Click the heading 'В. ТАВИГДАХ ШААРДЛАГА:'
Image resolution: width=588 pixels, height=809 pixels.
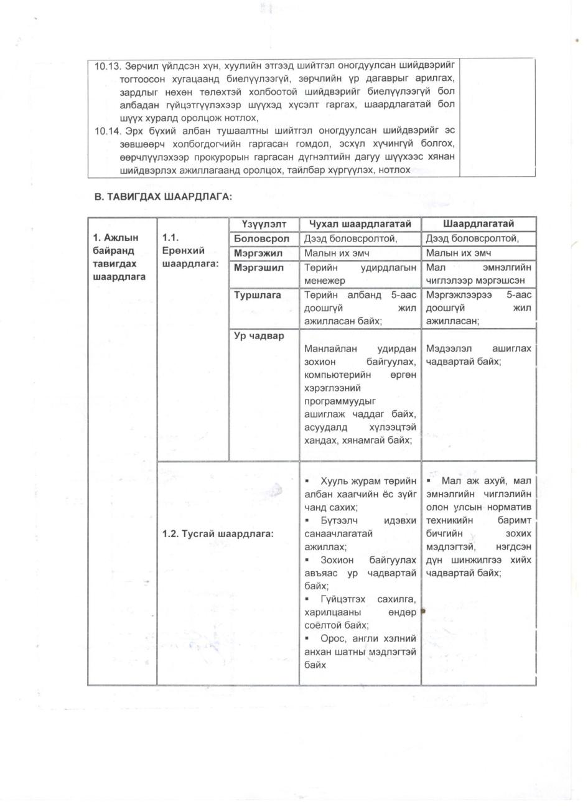(163, 197)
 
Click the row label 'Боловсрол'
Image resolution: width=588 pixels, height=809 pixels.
(261, 238)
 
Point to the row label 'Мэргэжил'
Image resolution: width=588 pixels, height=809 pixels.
(258, 253)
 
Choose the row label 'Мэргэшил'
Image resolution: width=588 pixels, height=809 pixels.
(259, 268)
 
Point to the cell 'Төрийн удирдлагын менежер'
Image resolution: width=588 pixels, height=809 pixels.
(360, 274)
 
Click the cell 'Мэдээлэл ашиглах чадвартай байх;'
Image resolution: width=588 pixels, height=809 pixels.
(478, 355)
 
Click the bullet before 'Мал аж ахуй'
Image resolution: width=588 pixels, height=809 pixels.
(429, 481)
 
